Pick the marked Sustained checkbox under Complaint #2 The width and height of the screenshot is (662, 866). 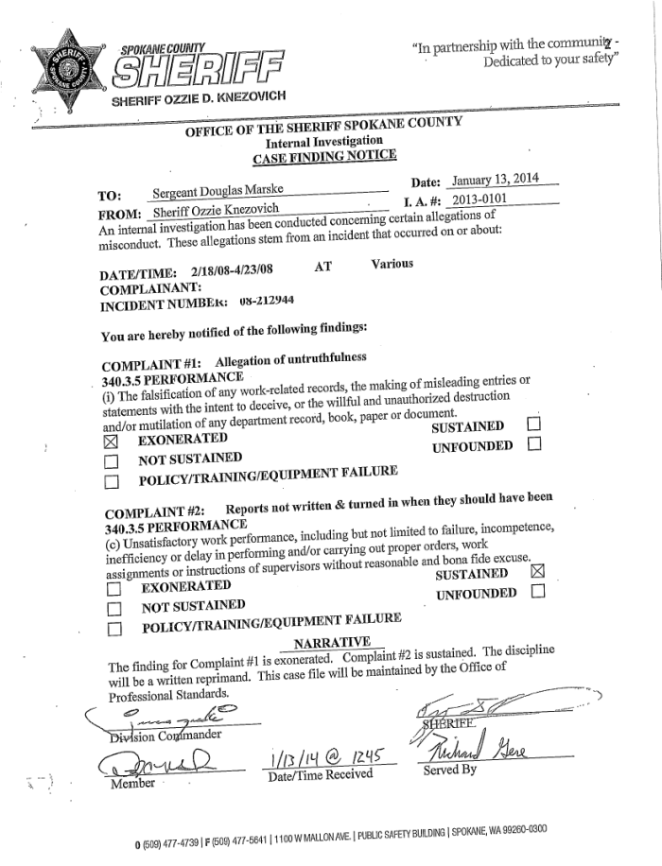coord(538,571)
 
